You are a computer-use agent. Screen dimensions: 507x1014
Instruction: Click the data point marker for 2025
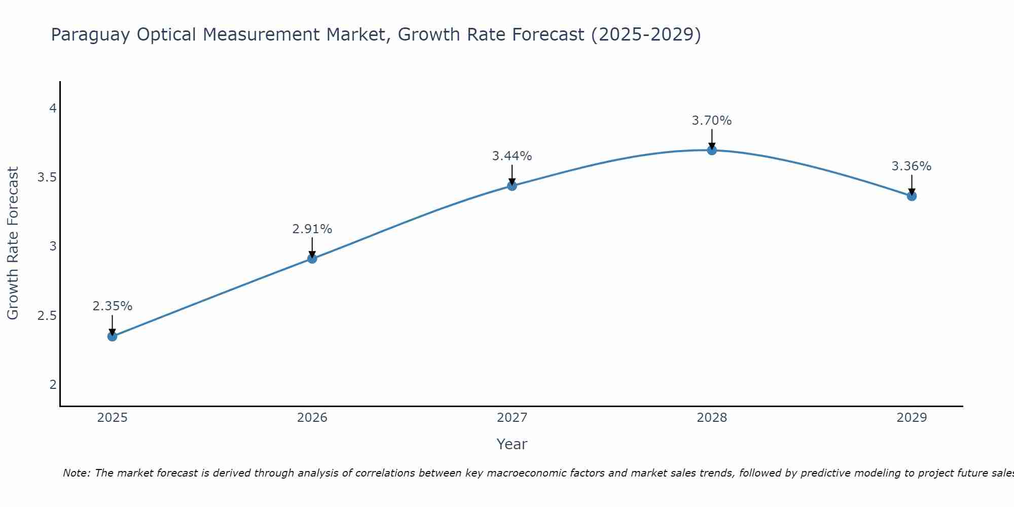[113, 336]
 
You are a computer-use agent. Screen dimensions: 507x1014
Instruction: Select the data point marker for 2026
[312, 259]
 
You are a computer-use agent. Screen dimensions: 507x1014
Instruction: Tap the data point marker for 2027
[512, 186]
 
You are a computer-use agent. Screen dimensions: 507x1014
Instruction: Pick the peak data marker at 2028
[712, 150]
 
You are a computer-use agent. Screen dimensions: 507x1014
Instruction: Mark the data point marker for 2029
[912, 196]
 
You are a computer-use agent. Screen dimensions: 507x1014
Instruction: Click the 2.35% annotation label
[113, 306]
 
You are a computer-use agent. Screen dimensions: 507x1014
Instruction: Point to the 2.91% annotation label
[312, 229]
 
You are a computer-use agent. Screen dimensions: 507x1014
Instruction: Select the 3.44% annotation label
[512, 156]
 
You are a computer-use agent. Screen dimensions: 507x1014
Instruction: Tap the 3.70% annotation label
[712, 121]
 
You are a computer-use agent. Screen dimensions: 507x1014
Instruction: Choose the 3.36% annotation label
[912, 166]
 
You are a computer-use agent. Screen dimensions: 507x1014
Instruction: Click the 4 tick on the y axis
[53, 108]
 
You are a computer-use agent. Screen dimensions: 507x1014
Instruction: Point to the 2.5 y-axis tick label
[47, 316]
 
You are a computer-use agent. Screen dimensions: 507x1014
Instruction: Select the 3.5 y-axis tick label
[47, 177]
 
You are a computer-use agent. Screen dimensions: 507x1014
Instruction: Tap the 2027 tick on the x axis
[512, 418]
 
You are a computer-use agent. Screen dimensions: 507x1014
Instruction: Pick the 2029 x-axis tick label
[912, 418]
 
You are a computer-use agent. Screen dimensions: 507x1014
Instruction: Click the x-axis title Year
[512, 444]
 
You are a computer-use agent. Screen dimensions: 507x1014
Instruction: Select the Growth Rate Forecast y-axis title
[13, 243]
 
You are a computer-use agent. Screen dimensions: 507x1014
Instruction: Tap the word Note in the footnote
[76, 473]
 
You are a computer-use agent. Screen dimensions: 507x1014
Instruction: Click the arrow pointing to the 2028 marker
[712, 138]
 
